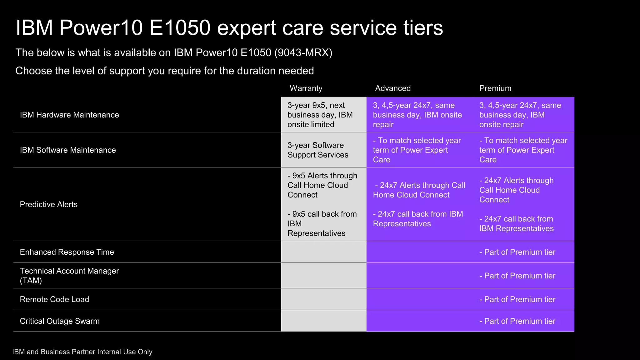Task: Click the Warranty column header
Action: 306,88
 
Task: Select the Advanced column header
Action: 393,88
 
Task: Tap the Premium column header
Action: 495,88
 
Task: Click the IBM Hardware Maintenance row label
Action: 69,115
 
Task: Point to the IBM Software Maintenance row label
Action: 68,150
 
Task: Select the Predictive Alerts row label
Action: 49,205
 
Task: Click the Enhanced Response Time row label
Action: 67,252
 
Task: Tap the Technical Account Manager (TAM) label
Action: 69,276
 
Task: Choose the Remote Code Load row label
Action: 54,299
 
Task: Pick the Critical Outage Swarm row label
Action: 60,321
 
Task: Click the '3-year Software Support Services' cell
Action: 318,150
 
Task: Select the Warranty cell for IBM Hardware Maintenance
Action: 320,115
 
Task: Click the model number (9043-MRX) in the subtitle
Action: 303,53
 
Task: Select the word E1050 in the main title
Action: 180,28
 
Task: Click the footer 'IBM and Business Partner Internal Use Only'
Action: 82,352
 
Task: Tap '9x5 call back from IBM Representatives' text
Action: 322,224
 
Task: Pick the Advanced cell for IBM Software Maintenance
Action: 417,150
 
